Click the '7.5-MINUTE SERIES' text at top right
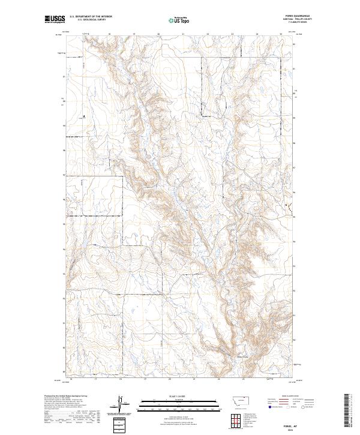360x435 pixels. (304, 23)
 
